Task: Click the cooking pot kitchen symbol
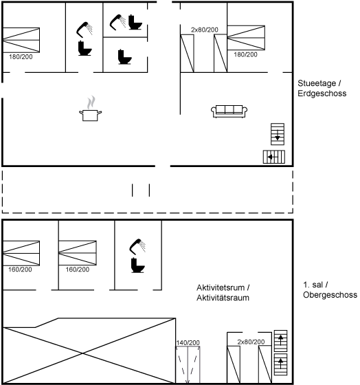[90, 109]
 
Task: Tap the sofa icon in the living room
[229, 111]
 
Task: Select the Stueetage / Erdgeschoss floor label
[322, 88]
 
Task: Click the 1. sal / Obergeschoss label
[330, 289]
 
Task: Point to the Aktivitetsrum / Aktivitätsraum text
[223, 292]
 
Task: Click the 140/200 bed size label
[188, 342]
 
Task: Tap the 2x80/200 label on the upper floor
[251, 342]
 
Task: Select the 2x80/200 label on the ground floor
[205, 30]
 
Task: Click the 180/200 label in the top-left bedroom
[21, 57]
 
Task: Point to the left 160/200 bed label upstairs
[20, 269]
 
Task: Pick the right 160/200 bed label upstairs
[78, 269]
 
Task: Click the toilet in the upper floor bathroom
[137, 265]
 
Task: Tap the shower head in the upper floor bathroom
[137, 247]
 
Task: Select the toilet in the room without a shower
[124, 57]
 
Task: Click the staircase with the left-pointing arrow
[274, 157]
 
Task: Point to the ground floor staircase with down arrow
[278, 134]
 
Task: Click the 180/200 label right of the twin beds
[246, 55]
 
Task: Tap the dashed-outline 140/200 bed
[188, 364]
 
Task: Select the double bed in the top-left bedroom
[21, 40]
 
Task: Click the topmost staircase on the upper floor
[280, 341]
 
